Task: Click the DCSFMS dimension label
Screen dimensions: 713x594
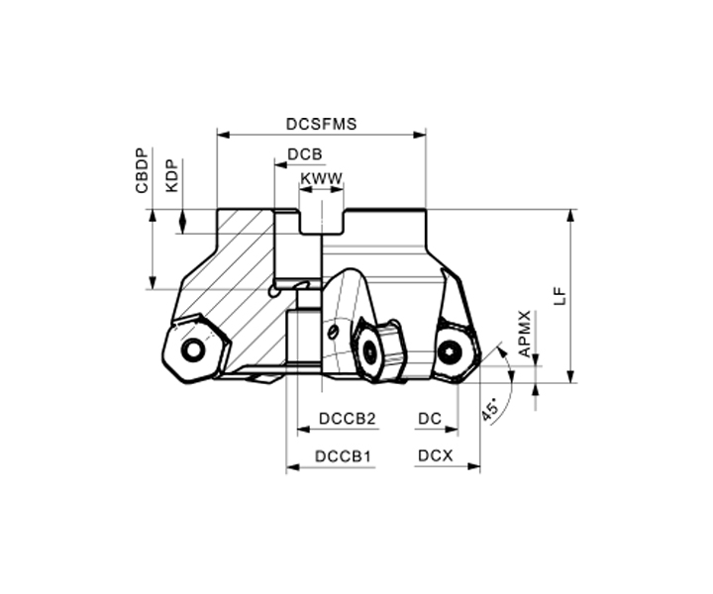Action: tap(321, 124)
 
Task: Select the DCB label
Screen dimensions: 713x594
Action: tap(305, 154)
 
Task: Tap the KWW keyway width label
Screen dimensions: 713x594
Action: tap(322, 178)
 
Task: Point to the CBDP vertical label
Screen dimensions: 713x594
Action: tap(142, 171)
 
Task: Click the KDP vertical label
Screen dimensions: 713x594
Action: tap(172, 175)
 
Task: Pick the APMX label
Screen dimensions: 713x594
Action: tap(524, 334)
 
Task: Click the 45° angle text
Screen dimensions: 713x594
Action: tap(490, 411)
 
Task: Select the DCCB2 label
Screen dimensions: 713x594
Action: tap(348, 419)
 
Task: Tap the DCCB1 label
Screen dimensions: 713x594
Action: tap(344, 455)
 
